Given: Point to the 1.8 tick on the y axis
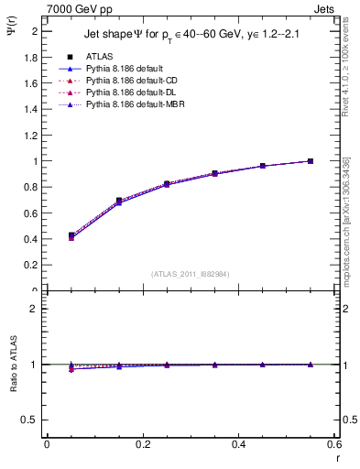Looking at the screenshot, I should [31, 57].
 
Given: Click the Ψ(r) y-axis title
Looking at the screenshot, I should [11, 26].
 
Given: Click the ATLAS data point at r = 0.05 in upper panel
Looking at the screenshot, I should [71, 235].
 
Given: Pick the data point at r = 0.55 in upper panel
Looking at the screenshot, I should [311, 161].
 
